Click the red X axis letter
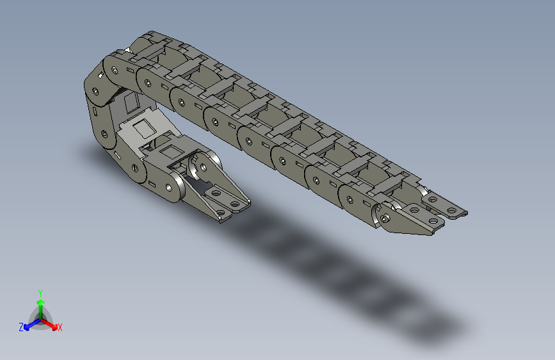[x=60, y=327]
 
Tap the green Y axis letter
[x=40, y=292]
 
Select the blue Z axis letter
[x=21, y=327]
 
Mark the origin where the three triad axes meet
[x=40, y=318]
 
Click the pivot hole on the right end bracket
[x=385, y=217]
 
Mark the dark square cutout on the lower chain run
[x=170, y=151]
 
